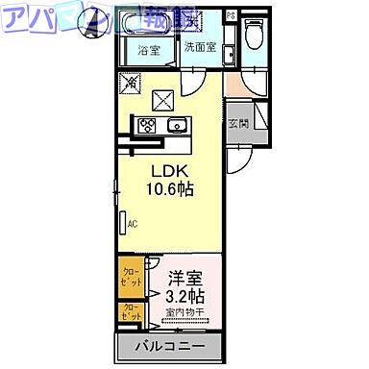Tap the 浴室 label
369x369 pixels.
pyautogui.click(x=148, y=49)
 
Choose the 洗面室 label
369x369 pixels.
pyautogui.click(x=200, y=48)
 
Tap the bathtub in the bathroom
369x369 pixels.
pyautogui.click(x=148, y=24)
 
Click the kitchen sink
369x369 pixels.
pyautogui.click(x=176, y=126)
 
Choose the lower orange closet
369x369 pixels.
pyautogui.click(x=130, y=312)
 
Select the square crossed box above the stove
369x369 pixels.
pyautogui.click(x=160, y=98)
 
